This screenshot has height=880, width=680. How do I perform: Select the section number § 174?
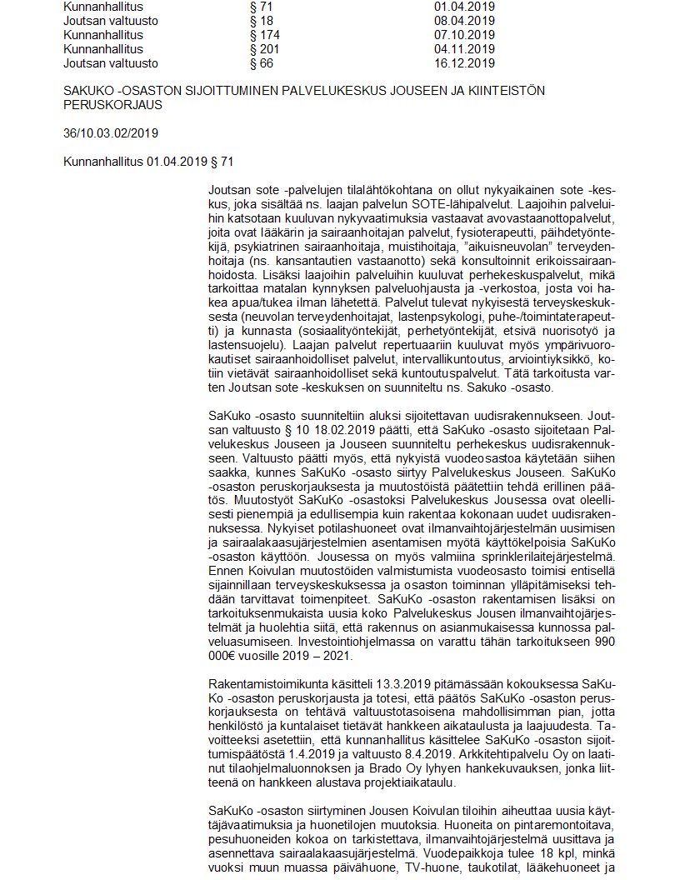pyautogui.click(x=265, y=35)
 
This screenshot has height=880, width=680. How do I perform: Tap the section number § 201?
pyautogui.click(x=265, y=49)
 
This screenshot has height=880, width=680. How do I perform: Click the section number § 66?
pyautogui.click(x=262, y=62)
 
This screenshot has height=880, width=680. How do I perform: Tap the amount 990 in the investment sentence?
pyautogui.click(x=603, y=644)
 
